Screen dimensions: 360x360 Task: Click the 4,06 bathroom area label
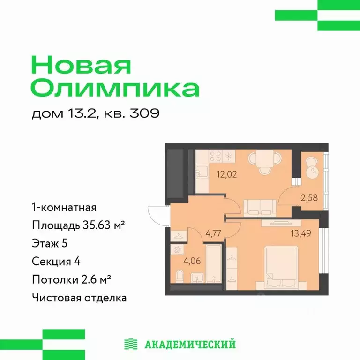point(181,261)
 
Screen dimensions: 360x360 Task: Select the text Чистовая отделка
point(79,297)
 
